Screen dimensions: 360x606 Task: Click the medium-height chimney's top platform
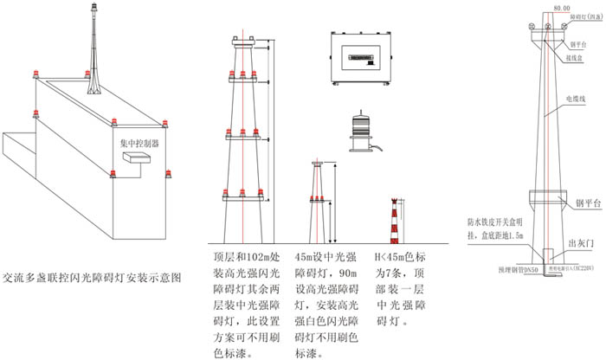coord(319,164)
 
